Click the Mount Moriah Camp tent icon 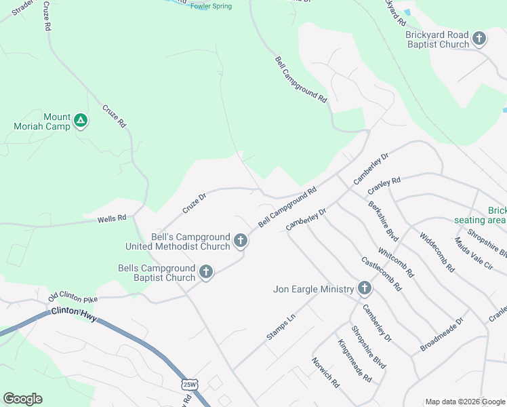(x=81, y=121)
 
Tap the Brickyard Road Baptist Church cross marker (x=479, y=39)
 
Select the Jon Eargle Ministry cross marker (x=365, y=289)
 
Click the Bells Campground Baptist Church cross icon (x=206, y=273)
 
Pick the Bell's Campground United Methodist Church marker (x=241, y=241)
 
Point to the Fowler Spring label (x=211, y=7)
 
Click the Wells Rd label (x=112, y=218)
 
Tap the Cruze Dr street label (x=194, y=202)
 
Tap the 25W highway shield (x=190, y=385)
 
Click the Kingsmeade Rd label (x=354, y=360)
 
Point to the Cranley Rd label (x=384, y=185)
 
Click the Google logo (x=22, y=399)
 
